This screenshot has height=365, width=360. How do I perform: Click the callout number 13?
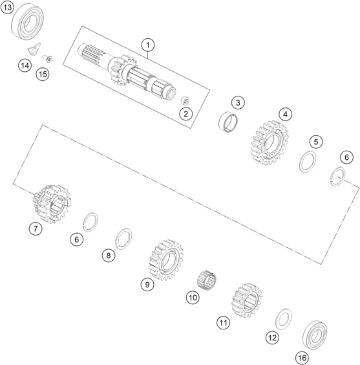pos(7,8)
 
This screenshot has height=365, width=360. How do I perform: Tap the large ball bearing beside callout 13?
pos(27,22)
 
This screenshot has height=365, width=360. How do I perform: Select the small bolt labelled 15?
pos(47,58)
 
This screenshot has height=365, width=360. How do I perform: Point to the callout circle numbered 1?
pos(148,45)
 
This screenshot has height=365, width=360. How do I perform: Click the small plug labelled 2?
pos(185,100)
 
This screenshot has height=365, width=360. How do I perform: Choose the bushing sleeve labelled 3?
pos(228,122)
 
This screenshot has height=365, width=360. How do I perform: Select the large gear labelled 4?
pos(270,142)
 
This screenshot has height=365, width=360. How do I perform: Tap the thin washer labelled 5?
pos(308,162)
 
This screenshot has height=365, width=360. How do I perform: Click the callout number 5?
pos(316,142)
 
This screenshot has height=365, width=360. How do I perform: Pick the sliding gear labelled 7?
pos(52,204)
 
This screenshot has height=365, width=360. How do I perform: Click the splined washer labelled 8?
pos(124,239)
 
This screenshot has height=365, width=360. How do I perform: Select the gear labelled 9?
pos(166,260)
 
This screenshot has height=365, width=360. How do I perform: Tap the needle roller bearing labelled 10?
pos(207,280)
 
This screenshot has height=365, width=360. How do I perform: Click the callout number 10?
pos(193,298)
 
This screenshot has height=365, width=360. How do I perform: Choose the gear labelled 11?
pos(247,301)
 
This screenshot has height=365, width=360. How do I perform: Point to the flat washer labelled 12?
pos(284,319)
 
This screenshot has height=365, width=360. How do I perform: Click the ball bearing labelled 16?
pos(315,335)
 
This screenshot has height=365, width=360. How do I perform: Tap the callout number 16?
pos(302,357)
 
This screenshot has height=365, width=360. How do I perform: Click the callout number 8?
pos(109,256)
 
